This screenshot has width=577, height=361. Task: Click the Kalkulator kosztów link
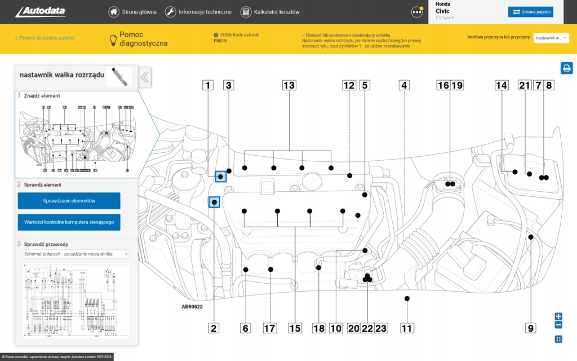(x=270, y=12)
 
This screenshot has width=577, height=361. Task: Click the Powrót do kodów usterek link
(x=45, y=38)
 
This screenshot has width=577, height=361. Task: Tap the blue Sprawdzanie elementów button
(x=69, y=201)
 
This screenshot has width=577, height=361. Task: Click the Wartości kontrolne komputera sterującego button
(x=69, y=222)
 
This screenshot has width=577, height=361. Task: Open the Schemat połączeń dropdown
(x=76, y=254)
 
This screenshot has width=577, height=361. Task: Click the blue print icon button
(x=566, y=68)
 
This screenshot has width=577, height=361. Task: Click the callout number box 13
(x=289, y=86)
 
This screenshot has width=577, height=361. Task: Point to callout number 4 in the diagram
(x=403, y=86)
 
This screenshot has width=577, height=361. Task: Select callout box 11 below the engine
(x=406, y=328)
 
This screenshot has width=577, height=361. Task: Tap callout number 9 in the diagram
(x=530, y=328)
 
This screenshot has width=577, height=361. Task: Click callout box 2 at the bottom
(x=213, y=328)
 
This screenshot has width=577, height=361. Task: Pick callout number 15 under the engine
(x=295, y=328)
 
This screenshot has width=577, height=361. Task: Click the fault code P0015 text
(x=220, y=41)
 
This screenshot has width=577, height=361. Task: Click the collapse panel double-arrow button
(x=145, y=78)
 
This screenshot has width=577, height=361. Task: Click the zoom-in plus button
(x=558, y=316)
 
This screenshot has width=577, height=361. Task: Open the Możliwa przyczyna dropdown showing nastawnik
(x=551, y=38)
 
